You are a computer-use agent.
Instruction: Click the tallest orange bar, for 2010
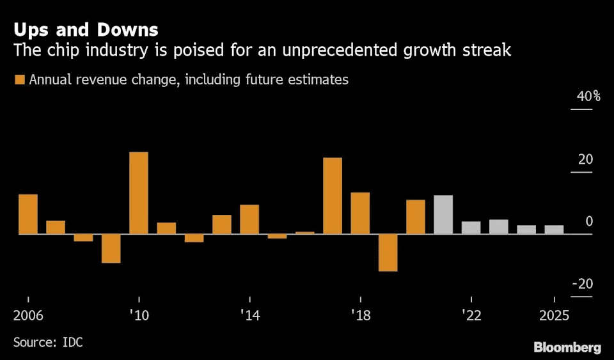139,193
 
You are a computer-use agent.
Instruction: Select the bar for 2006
28,214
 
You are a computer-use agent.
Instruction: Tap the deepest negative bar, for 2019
388,253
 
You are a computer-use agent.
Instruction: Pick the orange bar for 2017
333,196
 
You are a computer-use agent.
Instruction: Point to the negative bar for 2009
111,248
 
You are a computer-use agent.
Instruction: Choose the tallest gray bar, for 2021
443,215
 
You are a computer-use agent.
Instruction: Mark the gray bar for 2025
554,230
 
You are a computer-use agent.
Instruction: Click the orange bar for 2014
249,219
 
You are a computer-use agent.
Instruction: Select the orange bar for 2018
360,213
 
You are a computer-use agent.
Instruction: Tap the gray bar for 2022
471,228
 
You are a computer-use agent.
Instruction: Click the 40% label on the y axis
588,97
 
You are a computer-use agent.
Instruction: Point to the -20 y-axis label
582,285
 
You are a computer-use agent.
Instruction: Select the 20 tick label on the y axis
586,159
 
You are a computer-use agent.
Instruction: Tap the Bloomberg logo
567,348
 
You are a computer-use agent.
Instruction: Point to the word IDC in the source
72,342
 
